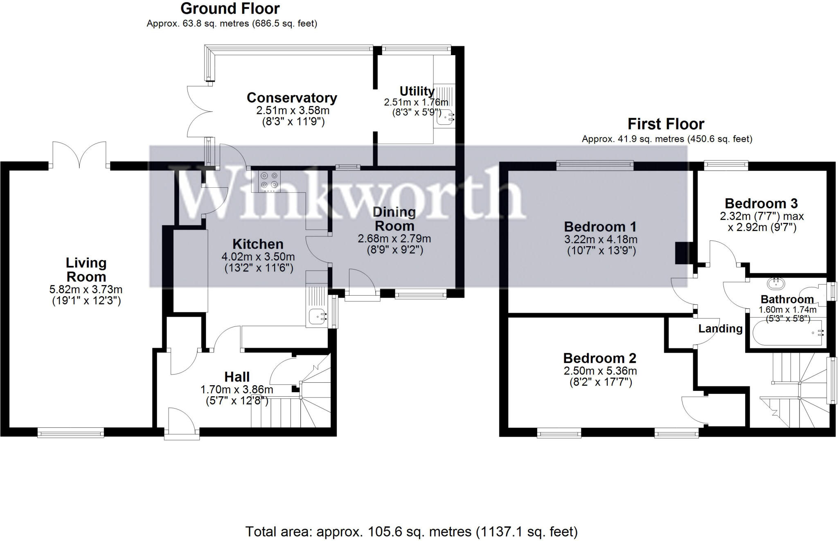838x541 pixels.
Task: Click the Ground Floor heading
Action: [230, 9]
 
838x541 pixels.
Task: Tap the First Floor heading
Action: [666, 124]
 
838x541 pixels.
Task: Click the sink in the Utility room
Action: [445, 118]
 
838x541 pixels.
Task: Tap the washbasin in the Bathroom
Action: [776, 283]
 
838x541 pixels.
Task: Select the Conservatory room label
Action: [292, 98]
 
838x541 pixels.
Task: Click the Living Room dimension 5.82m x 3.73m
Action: [86, 290]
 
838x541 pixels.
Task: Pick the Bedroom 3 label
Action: [761, 203]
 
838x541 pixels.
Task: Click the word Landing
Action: [720, 328]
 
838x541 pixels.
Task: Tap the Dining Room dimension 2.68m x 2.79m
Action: [394, 238]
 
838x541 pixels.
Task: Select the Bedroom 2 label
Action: [600, 358]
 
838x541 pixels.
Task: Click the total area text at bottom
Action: [411, 532]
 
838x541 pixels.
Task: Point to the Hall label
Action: [237, 377]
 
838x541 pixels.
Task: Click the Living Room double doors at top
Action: [79, 155]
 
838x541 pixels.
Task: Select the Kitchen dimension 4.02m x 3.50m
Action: [258, 257]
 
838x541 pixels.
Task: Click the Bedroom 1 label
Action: [600, 227]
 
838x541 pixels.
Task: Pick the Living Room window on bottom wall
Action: [71, 433]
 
